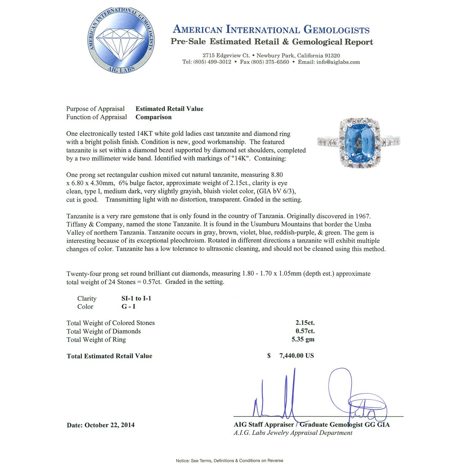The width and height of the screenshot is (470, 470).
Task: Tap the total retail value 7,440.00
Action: tap(296, 356)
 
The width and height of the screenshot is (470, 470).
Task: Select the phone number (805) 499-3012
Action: tap(212, 62)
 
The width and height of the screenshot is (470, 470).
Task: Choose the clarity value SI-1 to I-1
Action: tap(136, 298)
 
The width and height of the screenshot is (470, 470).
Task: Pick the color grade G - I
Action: tap(128, 307)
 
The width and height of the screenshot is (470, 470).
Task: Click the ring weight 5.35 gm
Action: tap(303, 340)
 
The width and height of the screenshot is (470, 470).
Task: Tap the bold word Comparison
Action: tap(154, 117)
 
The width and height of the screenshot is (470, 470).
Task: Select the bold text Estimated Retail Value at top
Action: tap(169, 109)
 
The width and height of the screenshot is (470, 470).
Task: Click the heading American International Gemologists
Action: tap(271, 30)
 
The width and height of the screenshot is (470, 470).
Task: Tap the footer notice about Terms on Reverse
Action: tap(230, 461)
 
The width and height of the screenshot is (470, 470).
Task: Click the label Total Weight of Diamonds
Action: tap(104, 331)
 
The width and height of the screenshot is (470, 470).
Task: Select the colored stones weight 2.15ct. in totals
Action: tap(305, 323)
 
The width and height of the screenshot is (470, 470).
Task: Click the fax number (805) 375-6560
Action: tap(264, 62)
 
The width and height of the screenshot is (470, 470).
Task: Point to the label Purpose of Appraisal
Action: tap(95, 109)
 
